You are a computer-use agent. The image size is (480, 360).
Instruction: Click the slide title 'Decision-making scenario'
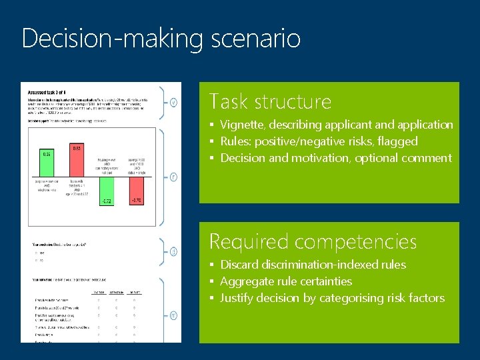[161, 38]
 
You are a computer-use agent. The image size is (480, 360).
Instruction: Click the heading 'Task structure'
[269, 101]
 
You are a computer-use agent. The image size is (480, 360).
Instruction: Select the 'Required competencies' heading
[313, 241]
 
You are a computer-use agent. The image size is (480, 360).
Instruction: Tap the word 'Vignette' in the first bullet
[241, 125]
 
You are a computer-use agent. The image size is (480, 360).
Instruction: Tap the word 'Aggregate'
[247, 281]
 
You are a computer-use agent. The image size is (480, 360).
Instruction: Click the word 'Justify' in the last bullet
[237, 298]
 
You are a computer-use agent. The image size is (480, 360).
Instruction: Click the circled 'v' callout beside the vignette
[173, 103]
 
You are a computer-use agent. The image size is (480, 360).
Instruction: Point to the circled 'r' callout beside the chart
[173, 177]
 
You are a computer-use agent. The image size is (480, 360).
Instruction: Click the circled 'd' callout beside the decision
[173, 251]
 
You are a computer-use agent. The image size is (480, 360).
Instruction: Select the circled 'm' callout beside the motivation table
[173, 315]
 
